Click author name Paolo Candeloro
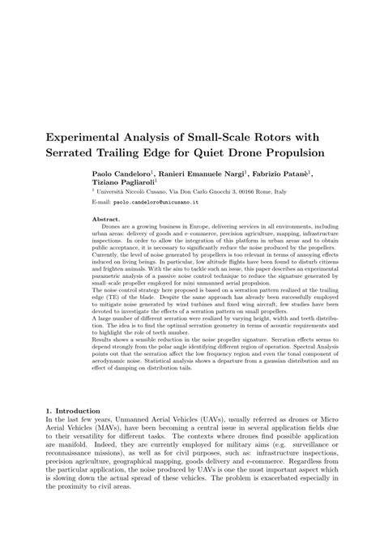tap(120, 175)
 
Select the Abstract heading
tap(107, 220)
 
